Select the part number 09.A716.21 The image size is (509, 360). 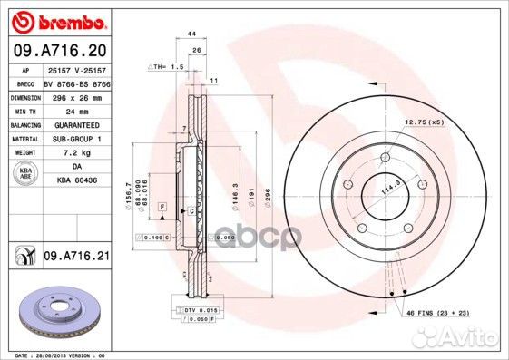76,258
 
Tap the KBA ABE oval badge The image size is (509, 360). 26,174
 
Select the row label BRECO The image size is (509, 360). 25,82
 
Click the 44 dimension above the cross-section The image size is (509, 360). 191,34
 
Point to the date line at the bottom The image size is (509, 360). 57,354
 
